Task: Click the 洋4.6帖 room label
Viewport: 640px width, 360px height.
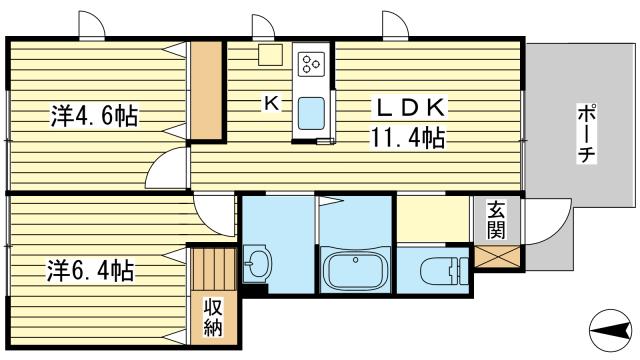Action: [94, 116]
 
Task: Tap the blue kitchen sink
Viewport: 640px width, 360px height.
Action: [311, 115]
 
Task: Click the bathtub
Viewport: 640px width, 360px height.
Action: [355, 270]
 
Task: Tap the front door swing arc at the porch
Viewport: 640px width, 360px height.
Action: [545, 226]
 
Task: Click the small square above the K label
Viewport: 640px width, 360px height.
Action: [269, 56]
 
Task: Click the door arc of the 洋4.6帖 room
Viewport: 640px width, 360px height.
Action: [168, 168]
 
